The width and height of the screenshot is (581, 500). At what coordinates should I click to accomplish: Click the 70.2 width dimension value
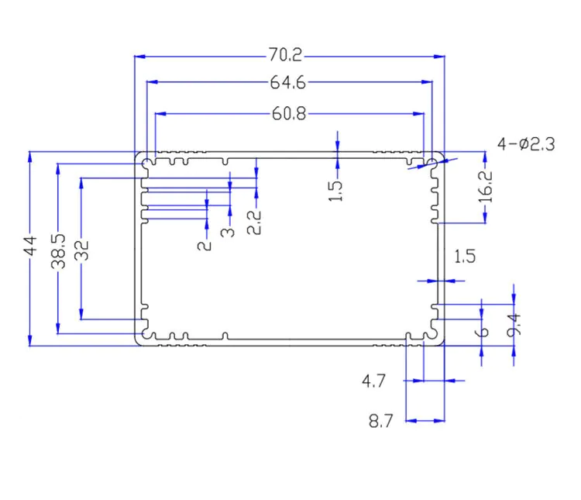coord(285,54)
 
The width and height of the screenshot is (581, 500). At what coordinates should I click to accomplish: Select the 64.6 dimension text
coord(288,82)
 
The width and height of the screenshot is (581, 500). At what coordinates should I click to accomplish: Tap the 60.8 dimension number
coord(289,113)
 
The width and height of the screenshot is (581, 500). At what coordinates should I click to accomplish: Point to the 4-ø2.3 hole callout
coord(526,144)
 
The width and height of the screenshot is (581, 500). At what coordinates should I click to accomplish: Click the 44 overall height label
coord(30,246)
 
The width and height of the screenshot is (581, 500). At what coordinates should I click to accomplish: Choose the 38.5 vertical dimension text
coord(58,251)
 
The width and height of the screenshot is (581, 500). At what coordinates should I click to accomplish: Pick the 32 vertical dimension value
coord(82,250)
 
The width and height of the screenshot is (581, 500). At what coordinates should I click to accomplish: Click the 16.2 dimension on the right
coord(486,187)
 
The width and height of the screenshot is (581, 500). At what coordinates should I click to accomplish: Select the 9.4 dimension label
coord(514,326)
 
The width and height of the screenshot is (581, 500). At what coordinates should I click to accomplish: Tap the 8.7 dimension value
coord(380,422)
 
